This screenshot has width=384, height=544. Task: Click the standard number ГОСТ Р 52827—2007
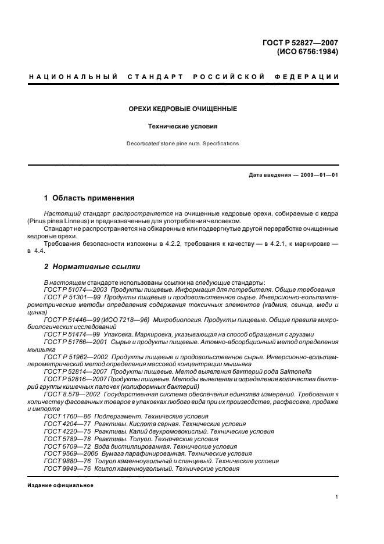point(303,42)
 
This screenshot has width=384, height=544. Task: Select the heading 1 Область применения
point(89,198)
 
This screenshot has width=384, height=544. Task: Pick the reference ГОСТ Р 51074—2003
point(75,289)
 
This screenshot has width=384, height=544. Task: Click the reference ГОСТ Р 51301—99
point(71,297)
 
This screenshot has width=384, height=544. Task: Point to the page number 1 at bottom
point(337,497)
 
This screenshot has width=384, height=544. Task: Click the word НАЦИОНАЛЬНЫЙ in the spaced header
point(73,77)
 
